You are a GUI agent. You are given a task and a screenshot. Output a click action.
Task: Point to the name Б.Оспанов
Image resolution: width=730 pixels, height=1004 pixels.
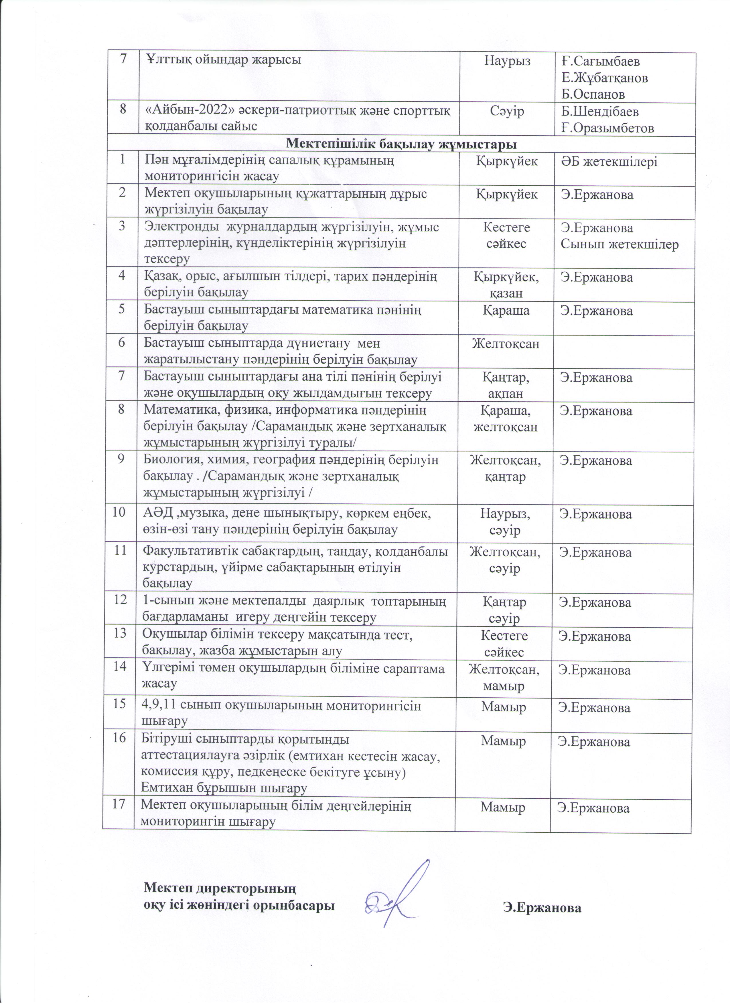(593, 94)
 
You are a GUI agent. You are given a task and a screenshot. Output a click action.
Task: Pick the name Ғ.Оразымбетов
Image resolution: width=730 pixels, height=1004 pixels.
(607, 128)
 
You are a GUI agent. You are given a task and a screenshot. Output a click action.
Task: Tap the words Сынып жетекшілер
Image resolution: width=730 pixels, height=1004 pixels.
(619, 244)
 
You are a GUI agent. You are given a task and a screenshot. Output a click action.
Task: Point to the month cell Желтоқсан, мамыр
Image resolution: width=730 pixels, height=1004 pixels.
(504, 678)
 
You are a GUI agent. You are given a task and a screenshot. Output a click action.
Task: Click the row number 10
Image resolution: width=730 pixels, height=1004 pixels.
(118, 513)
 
